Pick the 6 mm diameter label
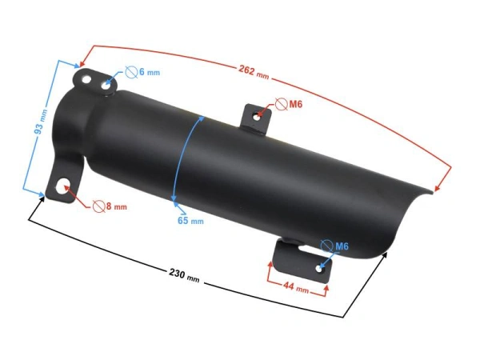coord(149,73)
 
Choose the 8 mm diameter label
coord(116,206)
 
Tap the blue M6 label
coord(342,246)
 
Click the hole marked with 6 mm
coord(106,83)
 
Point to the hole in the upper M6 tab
coord(258,116)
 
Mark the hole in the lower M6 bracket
coord(322,267)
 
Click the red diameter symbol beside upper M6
coord(280,104)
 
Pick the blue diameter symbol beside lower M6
coord(326,246)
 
